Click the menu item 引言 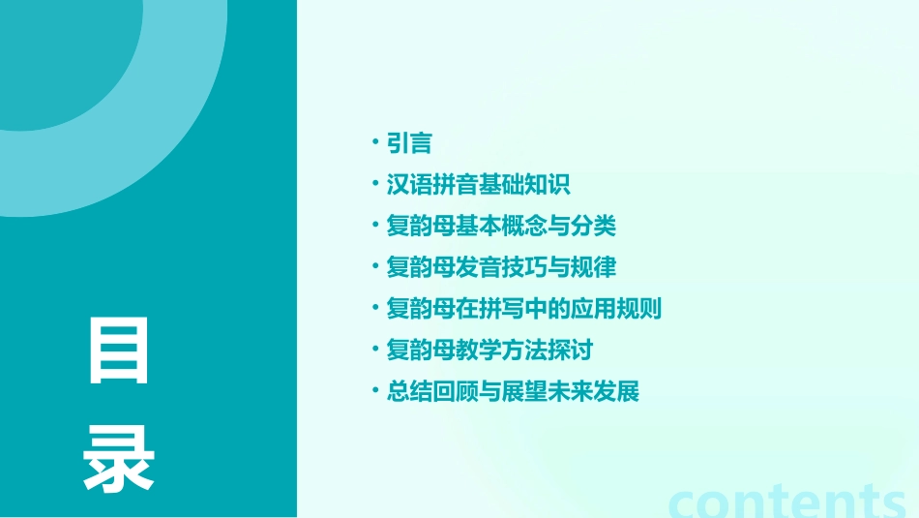click(408, 143)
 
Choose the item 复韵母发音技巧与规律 click(501, 267)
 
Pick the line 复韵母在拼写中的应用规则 click(523, 309)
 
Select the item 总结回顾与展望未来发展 click(513, 391)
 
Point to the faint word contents click(787, 501)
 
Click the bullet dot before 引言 click(375, 143)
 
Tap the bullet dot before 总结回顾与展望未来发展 click(375, 391)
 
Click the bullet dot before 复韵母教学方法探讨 click(375, 350)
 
